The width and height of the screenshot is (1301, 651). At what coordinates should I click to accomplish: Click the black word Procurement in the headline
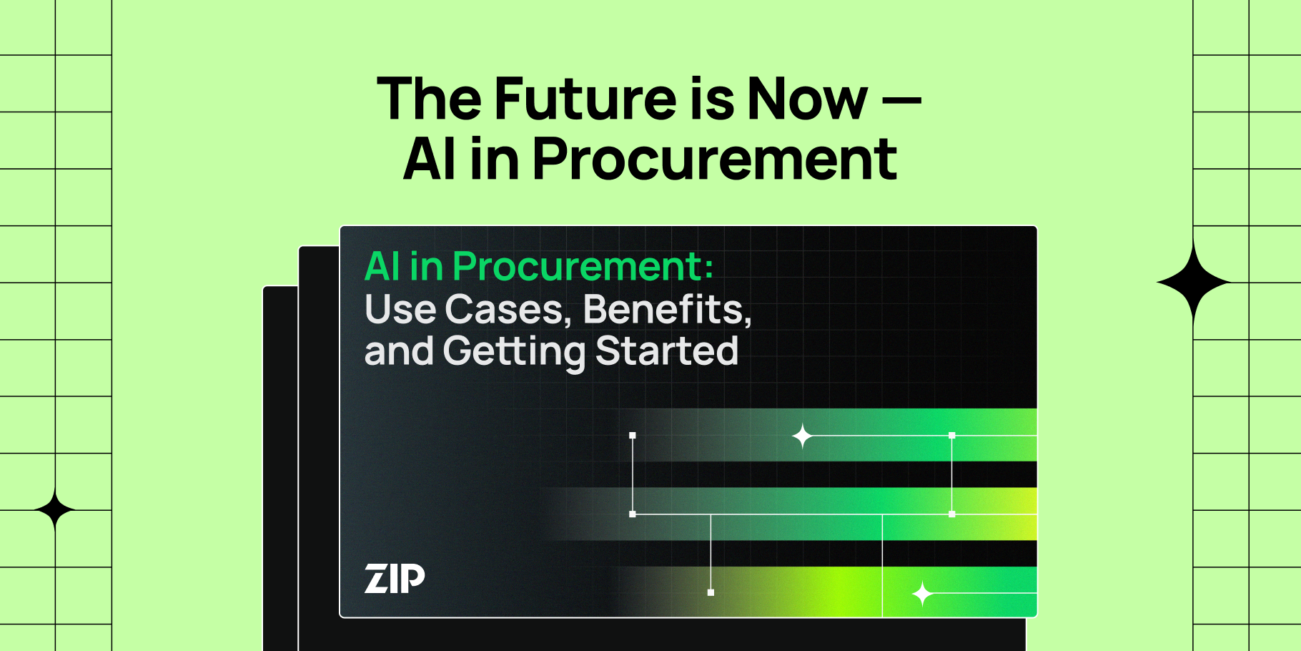[714, 159]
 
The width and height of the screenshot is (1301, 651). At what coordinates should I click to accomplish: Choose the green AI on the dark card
[382, 267]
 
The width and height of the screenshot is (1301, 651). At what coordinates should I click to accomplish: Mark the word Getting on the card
[514, 352]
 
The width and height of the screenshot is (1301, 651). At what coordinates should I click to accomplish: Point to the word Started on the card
[666, 351]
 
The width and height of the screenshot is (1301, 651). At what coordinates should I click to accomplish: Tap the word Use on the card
[400, 310]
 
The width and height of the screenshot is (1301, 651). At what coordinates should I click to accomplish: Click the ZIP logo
[395, 579]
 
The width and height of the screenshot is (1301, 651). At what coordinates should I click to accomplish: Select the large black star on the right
[1192, 283]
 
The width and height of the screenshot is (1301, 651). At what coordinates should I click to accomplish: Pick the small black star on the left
[55, 510]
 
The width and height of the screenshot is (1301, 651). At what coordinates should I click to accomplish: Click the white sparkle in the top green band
[802, 436]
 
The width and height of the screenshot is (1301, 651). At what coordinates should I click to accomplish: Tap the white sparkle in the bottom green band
[922, 594]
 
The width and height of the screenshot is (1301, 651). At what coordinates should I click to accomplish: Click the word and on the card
[398, 352]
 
